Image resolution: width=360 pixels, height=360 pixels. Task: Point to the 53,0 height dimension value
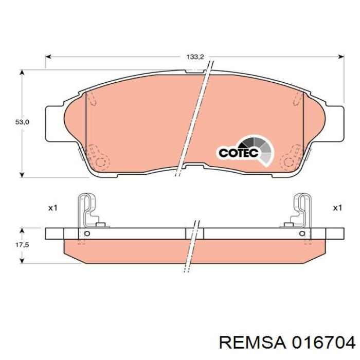[x=22, y=122]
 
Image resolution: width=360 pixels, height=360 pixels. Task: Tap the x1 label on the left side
[x=52, y=208]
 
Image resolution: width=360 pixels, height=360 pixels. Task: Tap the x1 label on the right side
[x=337, y=208]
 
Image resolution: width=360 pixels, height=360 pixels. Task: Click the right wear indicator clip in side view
[x=301, y=211]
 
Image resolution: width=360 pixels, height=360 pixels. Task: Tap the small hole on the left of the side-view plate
[x=86, y=234]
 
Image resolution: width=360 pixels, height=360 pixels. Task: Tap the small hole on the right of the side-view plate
[x=302, y=234]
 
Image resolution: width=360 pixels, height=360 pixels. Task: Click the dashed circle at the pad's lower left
[x=103, y=163]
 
